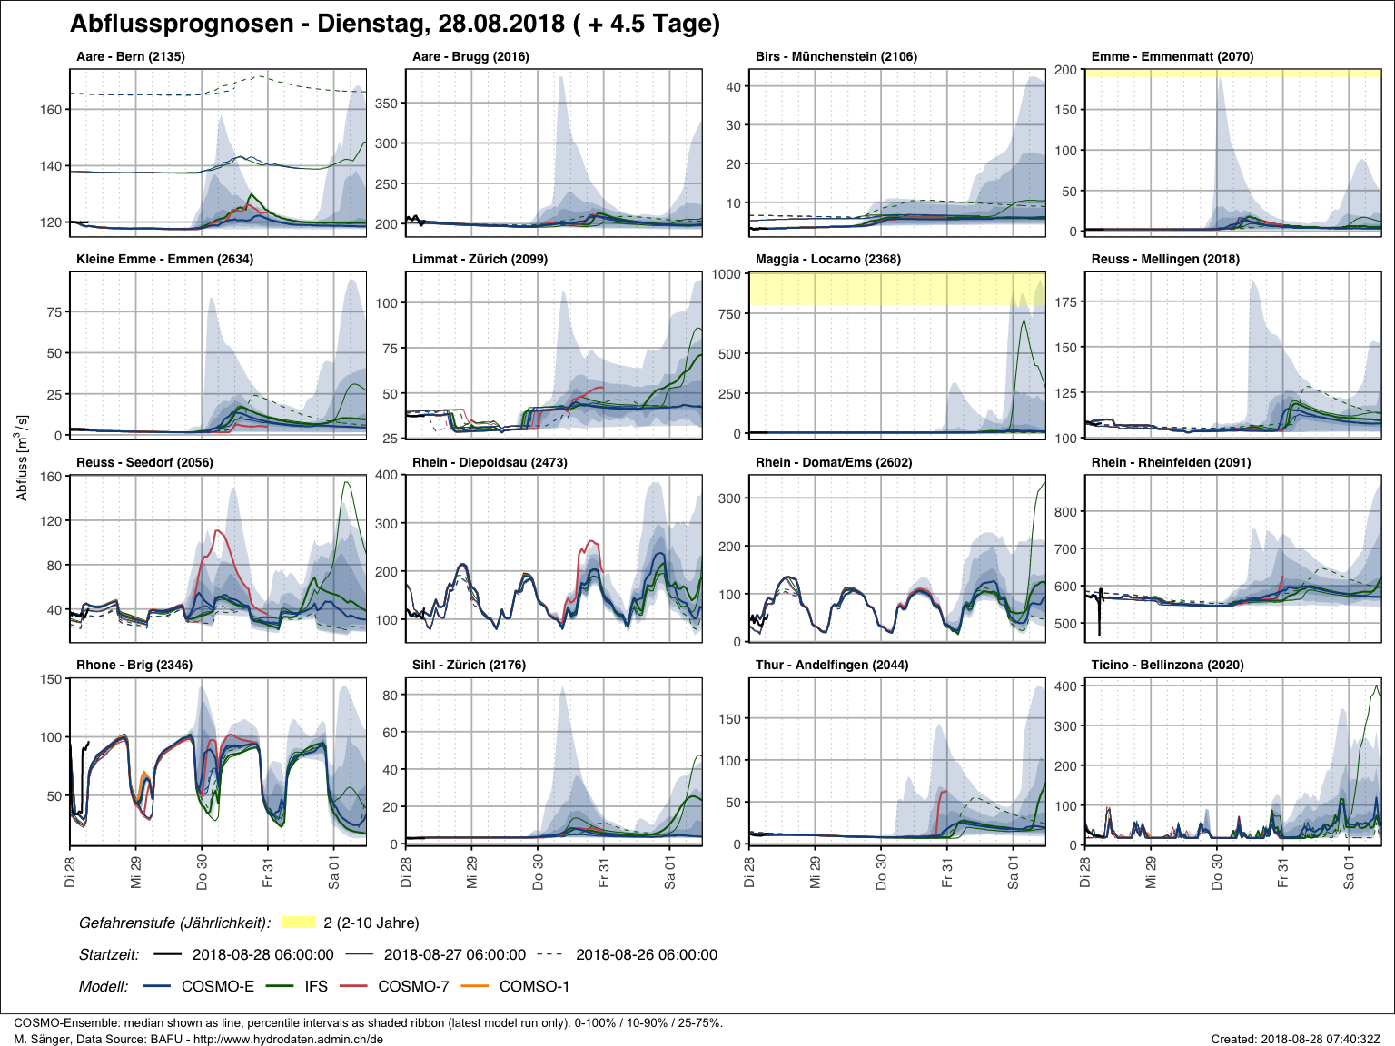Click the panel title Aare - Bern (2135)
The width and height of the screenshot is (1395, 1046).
coord(130,56)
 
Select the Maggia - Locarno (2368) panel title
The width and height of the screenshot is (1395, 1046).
coord(827,259)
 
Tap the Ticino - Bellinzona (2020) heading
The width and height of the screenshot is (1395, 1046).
coord(1167,665)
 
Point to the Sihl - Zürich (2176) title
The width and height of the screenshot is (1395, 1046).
coord(469,665)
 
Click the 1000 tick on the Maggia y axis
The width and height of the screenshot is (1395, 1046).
coord(726,274)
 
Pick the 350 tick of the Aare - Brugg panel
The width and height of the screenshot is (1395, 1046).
coord(386,104)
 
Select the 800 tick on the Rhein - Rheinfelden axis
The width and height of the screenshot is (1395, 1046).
coord(1065,512)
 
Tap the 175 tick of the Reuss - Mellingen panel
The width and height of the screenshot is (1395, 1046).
coord(1065,302)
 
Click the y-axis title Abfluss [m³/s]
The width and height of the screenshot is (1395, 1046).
coord(23,458)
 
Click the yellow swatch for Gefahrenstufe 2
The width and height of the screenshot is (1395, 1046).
coord(299,923)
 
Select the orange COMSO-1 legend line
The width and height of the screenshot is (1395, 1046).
coord(475,986)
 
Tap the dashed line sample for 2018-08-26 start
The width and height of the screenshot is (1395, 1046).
coord(549,954)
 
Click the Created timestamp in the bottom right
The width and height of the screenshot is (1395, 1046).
coord(1295,1039)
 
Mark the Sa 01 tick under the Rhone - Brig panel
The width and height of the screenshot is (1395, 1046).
coord(334,871)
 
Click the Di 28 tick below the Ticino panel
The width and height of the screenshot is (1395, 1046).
coord(1085,871)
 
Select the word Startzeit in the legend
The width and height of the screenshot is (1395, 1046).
coord(109,954)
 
